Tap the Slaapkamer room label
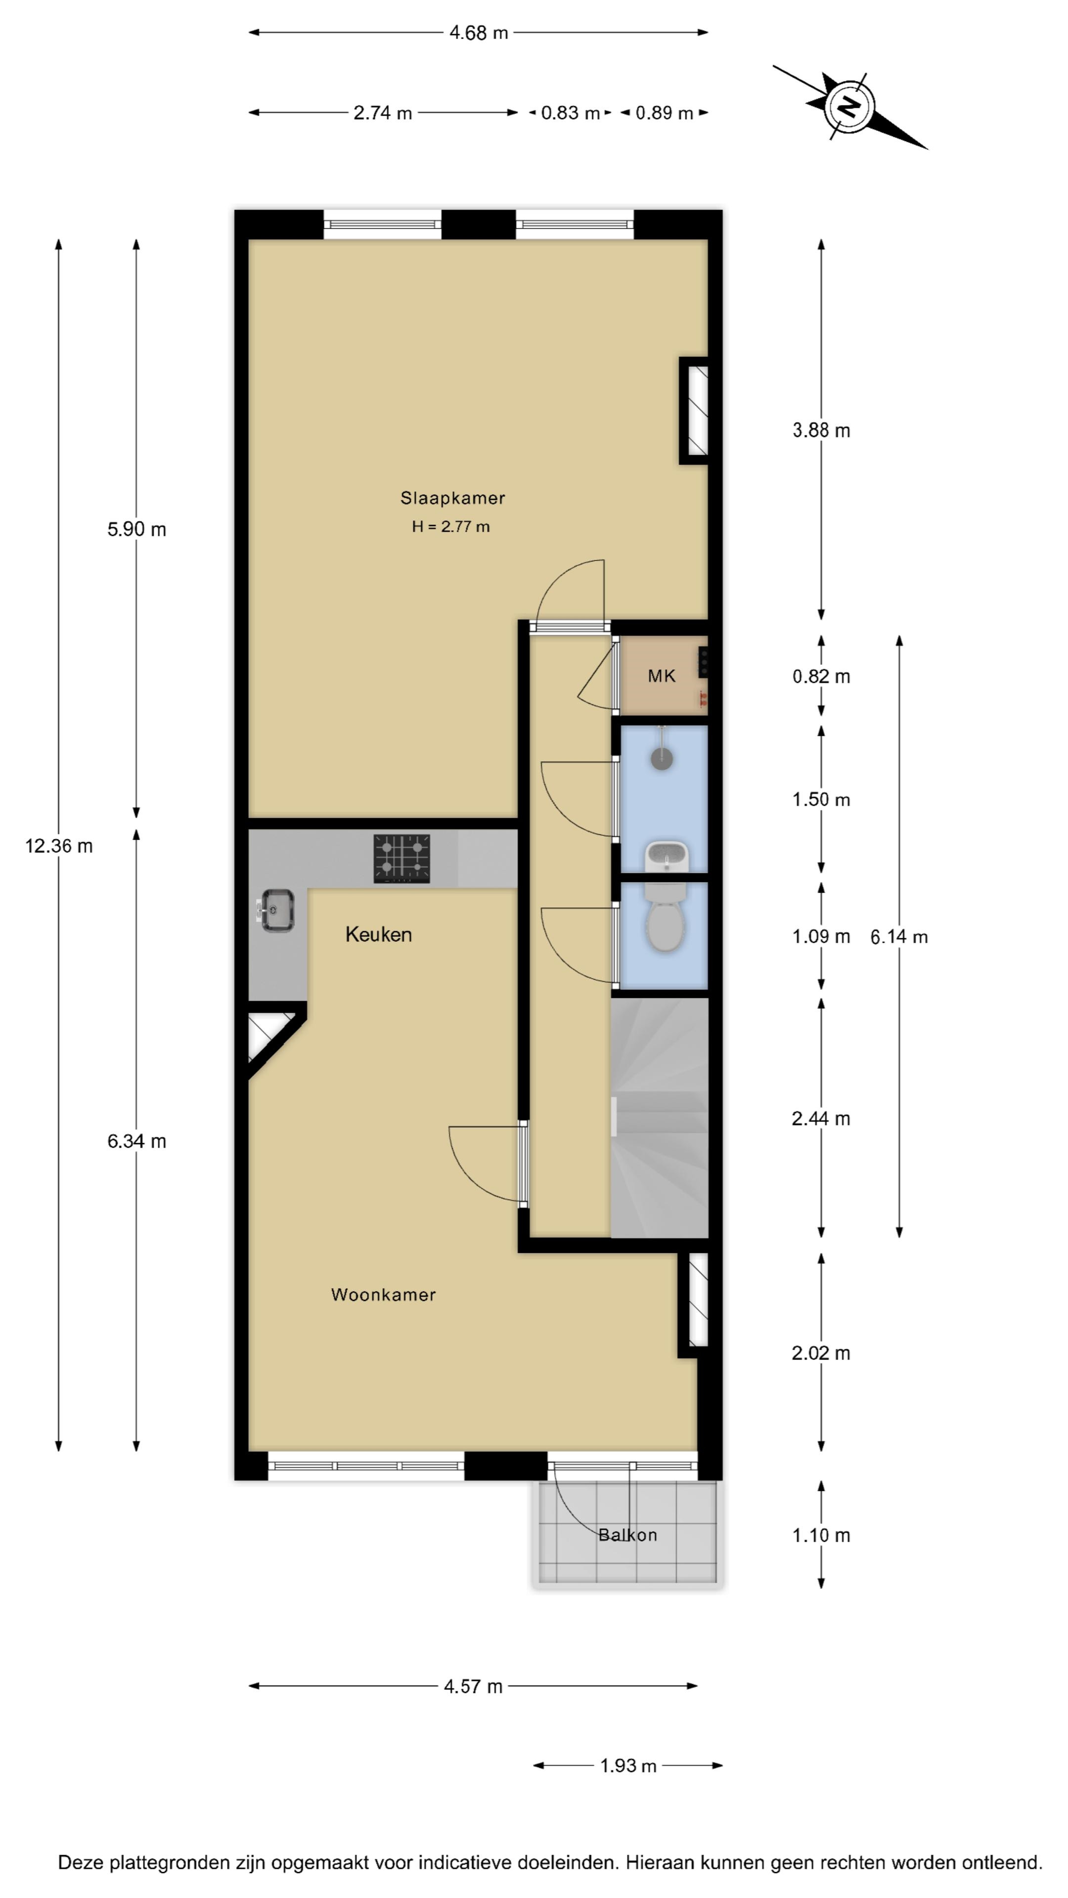pyautogui.click(x=452, y=498)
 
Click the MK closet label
pyautogui.click(x=661, y=676)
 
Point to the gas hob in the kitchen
pyautogui.click(x=401, y=859)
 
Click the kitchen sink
pyautogui.click(x=276, y=910)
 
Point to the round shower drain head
pyautogui.click(x=662, y=758)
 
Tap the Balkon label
pyautogui.click(x=627, y=1535)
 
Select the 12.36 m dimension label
pyautogui.click(x=59, y=846)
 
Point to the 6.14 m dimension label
pyautogui.click(x=898, y=937)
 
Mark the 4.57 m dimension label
pyautogui.click(x=473, y=1686)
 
